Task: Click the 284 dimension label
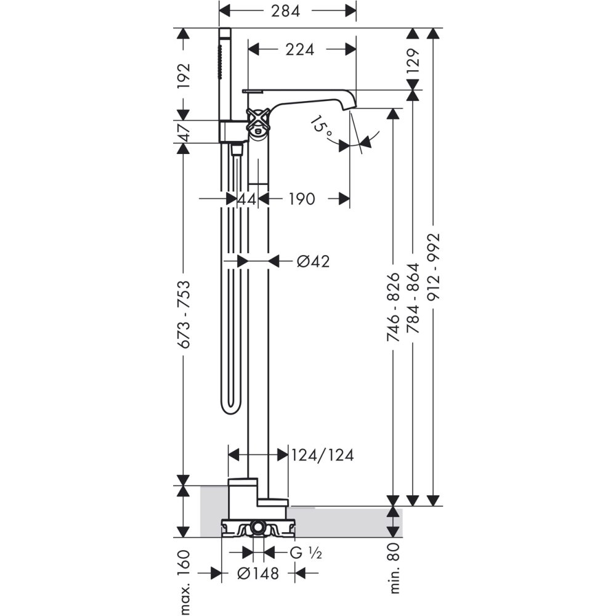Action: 285,11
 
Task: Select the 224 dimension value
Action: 300,49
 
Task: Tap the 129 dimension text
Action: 413,60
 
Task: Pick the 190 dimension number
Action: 302,199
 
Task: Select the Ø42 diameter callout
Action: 313,261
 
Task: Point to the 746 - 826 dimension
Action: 394,307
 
